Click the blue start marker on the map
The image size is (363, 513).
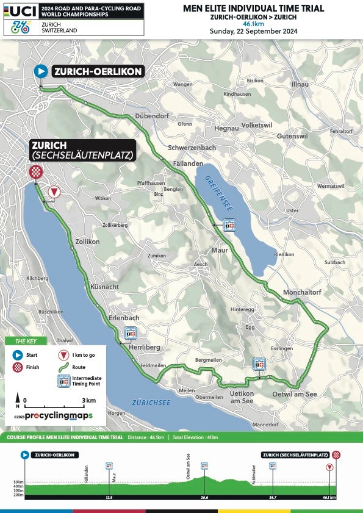pyautogui.click(x=41, y=71)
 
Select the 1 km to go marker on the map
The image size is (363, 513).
pyautogui.click(x=54, y=192)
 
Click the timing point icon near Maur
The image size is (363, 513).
pyautogui.click(x=229, y=226)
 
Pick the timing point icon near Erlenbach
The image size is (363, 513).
pyautogui.click(x=130, y=332)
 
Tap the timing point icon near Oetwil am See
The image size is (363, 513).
pyautogui.click(x=259, y=364)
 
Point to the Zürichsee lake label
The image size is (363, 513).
pyautogui.click(x=151, y=403)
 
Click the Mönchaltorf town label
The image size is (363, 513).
pyautogui.click(x=302, y=293)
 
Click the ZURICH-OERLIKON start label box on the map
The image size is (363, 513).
pyautogui.click(x=98, y=71)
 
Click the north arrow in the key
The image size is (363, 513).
pyautogui.click(x=18, y=399)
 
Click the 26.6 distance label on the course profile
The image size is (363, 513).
pyautogui.click(x=204, y=498)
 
